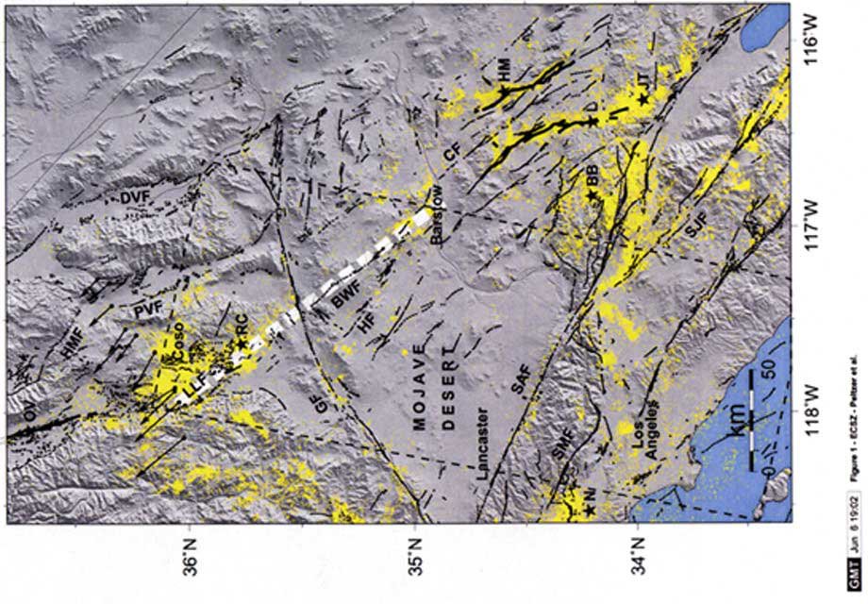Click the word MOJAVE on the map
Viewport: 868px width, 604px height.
(417, 384)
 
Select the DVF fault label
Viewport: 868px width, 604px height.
(136, 196)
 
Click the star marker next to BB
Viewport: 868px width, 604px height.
(593, 195)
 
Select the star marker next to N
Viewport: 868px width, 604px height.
(590, 511)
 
